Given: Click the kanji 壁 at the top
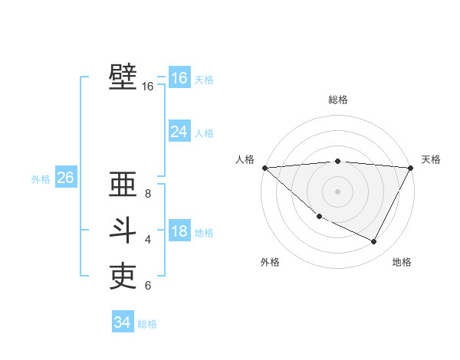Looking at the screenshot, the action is pos(123,77).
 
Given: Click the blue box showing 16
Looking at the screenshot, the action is pos(179,78).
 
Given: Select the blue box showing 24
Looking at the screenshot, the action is pos(179,132).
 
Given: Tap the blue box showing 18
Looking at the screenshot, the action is pos(179,231).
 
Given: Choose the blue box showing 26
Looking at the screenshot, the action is pos(65,178).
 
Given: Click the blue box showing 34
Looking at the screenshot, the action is pos(122,322).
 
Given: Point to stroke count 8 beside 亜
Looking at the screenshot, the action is pos(148,194).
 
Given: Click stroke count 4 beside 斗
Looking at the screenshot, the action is pos(148,240).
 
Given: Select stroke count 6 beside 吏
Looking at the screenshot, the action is pos(148,286).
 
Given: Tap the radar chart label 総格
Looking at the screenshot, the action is pos(337,100).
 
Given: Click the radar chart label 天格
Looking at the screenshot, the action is pos(431,159).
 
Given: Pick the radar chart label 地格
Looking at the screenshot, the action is pos(402,262).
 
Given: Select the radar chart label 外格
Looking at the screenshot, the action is pos(270,262).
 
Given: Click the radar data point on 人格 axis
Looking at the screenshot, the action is pos(264,167).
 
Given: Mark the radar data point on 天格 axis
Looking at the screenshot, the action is pos(411,167).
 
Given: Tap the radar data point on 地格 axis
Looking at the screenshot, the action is pos(374,242).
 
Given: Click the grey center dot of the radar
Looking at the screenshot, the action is pos(337,191).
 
